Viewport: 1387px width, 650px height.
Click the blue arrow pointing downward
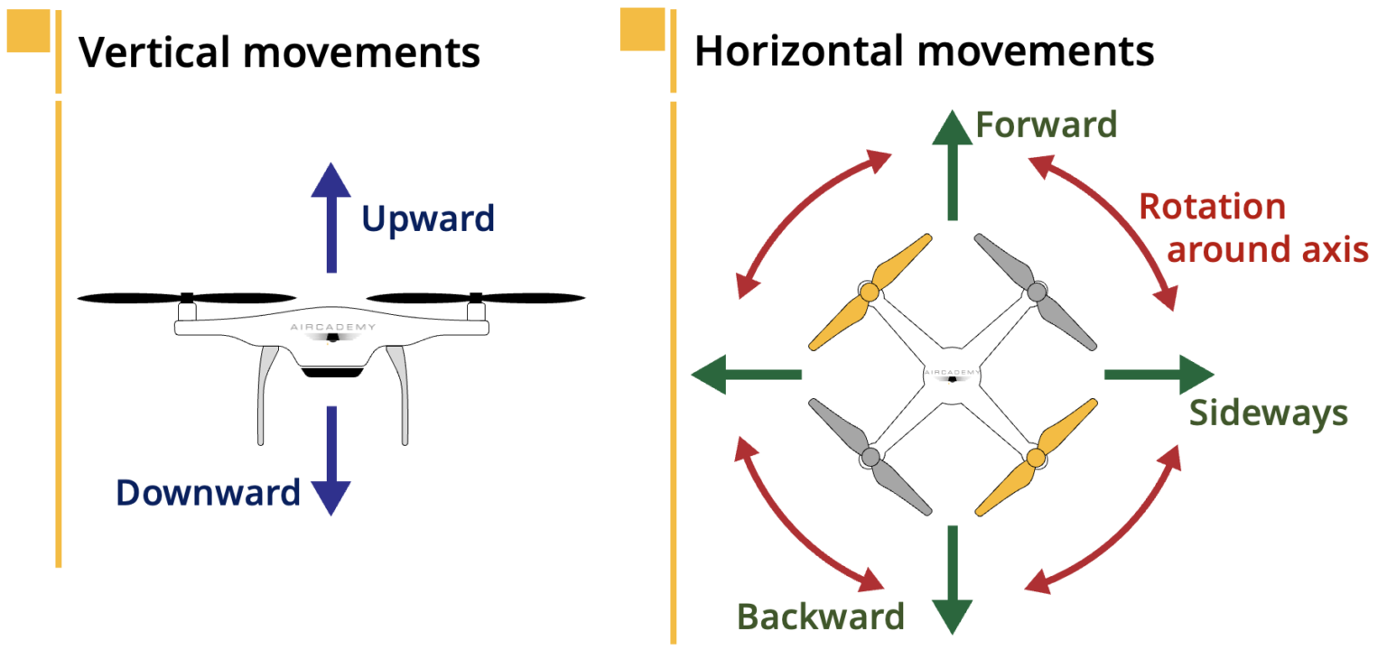(x=330, y=460)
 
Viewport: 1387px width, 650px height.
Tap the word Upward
(x=428, y=218)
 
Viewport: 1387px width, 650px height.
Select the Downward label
(x=208, y=493)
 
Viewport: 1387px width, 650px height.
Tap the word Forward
(x=1047, y=125)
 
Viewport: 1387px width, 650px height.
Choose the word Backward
(x=821, y=616)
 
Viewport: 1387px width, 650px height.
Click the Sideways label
(x=1268, y=413)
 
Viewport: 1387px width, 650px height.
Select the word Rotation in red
(x=1212, y=207)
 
